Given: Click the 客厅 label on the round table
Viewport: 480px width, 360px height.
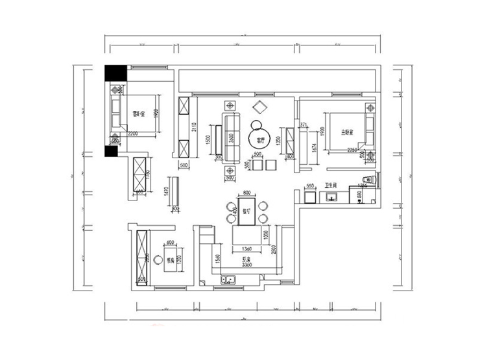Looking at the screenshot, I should (261, 138).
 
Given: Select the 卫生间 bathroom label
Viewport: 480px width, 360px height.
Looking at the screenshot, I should (332, 184).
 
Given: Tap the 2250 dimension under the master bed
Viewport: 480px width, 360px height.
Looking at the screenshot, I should (353, 151).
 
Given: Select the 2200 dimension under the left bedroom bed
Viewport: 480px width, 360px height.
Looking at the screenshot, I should (133, 133).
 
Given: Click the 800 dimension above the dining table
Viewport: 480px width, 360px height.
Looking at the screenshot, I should (246, 193).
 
